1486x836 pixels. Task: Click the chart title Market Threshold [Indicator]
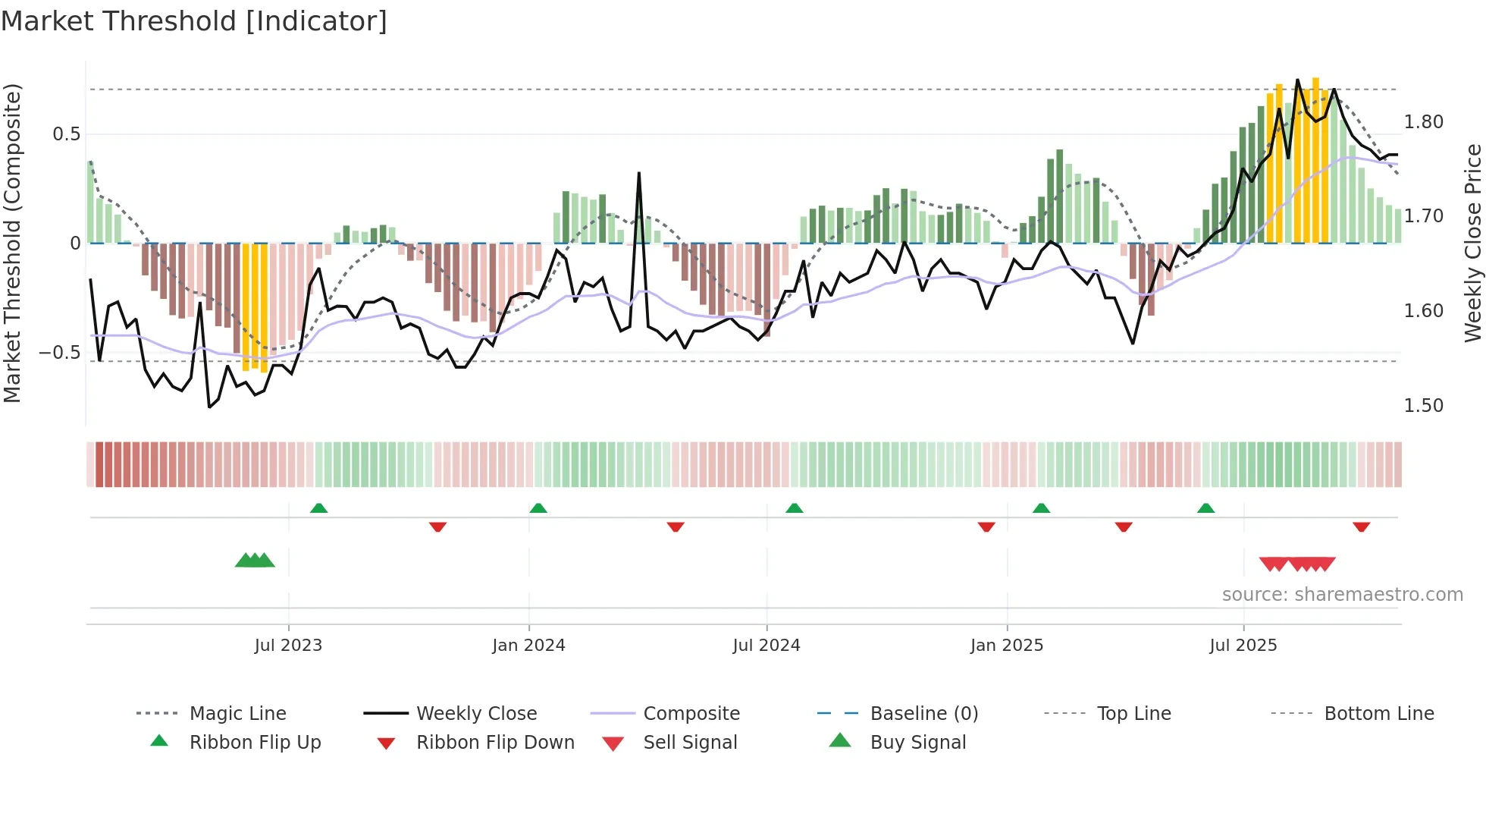click(194, 21)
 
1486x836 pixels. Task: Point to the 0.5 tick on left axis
click(66, 134)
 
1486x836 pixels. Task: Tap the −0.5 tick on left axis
click(59, 353)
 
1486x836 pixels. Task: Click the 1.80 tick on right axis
click(1423, 122)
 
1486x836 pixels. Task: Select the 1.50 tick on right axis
click(1423, 406)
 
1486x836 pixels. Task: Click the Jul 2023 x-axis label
click(288, 646)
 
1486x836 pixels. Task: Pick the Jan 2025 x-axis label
click(1006, 646)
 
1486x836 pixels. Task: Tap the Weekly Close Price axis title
click(1472, 243)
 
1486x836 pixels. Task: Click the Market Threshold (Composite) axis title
click(12, 243)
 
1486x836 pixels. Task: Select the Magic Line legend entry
click(237, 714)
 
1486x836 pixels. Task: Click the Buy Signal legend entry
click(917, 743)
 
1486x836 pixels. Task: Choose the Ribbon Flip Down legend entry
click(494, 743)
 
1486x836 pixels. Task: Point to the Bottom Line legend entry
click(1378, 714)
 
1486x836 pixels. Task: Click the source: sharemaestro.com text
click(1342, 595)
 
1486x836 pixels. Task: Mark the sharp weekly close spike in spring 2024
click(639, 174)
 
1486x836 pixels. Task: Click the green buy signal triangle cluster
click(255, 561)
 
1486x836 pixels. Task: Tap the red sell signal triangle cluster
click(1296, 564)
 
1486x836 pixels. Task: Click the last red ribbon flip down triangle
click(1361, 526)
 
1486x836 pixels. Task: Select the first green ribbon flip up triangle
click(318, 508)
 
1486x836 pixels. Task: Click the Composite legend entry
click(691, 714)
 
